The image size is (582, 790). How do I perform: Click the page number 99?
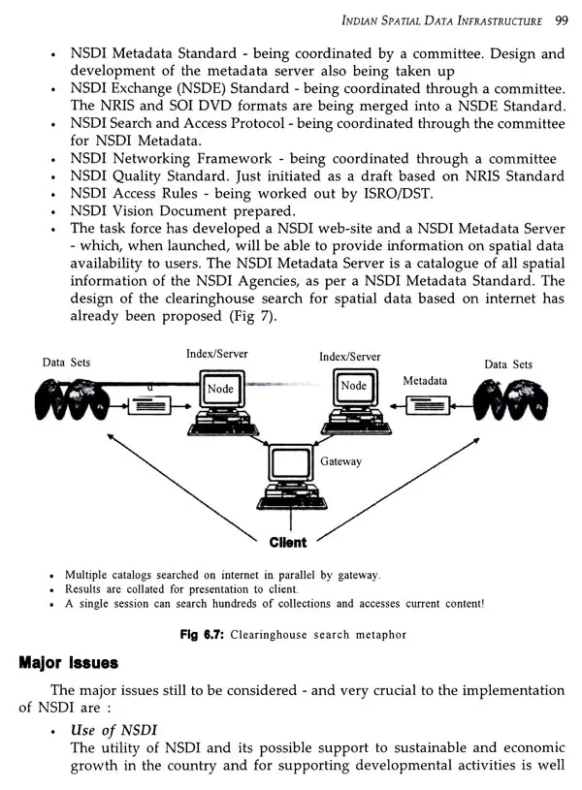pyautogui.click(x=562, y=20)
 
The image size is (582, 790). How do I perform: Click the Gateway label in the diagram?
pyautogui.click(x=340, y=461)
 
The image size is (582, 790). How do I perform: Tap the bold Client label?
pyautogui.click(x=288, y=543)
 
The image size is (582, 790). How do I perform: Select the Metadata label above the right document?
pyautogui.click(x=425, y=381)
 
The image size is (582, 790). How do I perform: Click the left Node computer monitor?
pyautogui.click(x=221, y=389)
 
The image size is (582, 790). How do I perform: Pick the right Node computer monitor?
pyautogui.click(x=355, y=387)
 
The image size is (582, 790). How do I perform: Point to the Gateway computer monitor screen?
pyautogui.click(x=290, y=463)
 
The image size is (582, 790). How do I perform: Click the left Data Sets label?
pyautogui.click(x=66, y=363)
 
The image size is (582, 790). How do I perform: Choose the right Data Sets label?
pyautogui.click(x=508, y=364)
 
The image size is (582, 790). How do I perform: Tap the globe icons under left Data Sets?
pyautogui.click(x=71, y=399)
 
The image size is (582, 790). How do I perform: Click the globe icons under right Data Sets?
pyautogui.click(x=510, y=400)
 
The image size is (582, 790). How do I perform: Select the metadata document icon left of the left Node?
pyautogui.click(x=149, y=405)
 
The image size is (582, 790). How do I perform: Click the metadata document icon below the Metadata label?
pyautogui.click(x=428, y=405)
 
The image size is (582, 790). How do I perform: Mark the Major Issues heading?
pyautogui.click(x=69, y=662)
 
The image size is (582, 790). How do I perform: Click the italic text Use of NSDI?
pyautogui.click(x=113, y=730)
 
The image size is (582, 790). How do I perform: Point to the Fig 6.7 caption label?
pyautogui.click(x=202, y=634)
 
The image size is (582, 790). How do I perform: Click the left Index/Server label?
pyautogui.click(x=217, y=354)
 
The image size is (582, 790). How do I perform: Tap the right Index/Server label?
pyautogui.click(x=349, y=357)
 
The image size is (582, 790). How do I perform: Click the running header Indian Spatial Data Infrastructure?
pyautogui.click(x=441, y=20)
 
